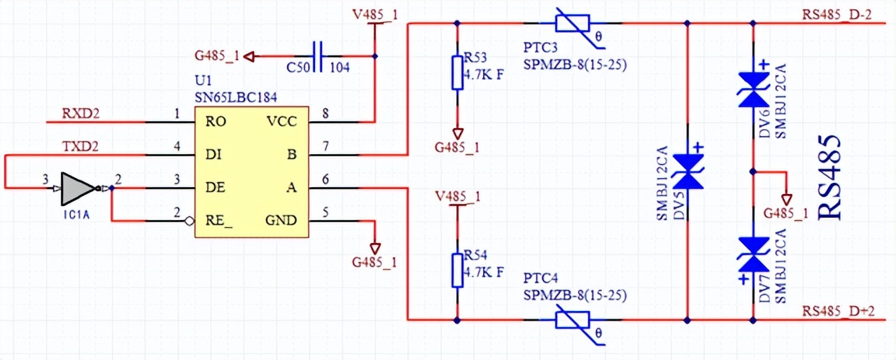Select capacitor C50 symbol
pyautogui.click(x=318, y=57)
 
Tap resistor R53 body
pyautogui.click(x=457, y=74)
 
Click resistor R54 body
pyautogui.click(x=457, y=270)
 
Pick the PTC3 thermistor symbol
pyautogui.click(x=576, y=23)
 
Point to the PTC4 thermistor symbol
pyautogui.click(x=576, y=320)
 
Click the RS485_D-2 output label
pyautogui.click(x=837, y=15)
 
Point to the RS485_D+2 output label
pyautogui.click(x=837, y=311)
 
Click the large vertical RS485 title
pyautogui.click(x=830, y=178)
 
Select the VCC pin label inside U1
pyautogui.click(x=281, y=121)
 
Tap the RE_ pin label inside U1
pyautogui.click(x=219, y=221)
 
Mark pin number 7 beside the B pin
pyautogui.click(x=325, y=146)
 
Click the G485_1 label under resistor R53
pyautogui.click(x=457, y=147)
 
